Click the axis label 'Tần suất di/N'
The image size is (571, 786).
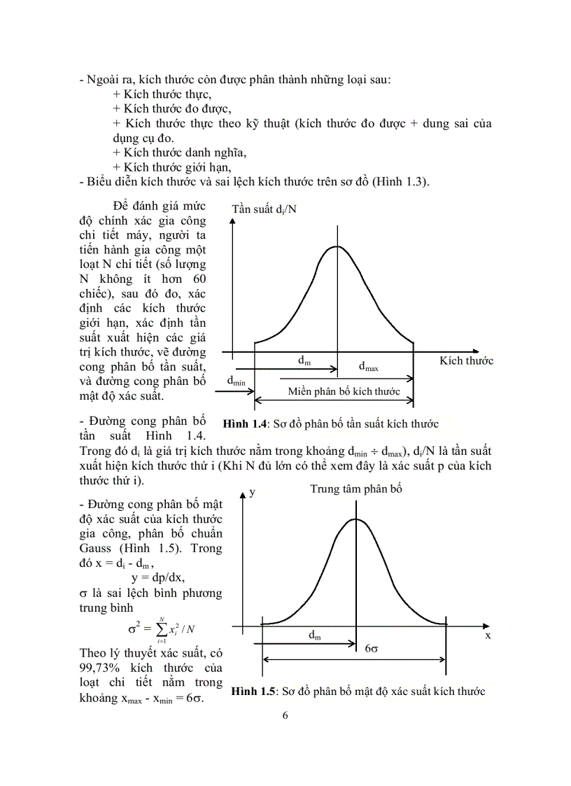point(264,209)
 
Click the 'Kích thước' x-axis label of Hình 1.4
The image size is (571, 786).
point(466,361)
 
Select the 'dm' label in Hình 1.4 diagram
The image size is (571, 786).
point(304,360)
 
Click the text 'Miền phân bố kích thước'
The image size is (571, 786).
point(344,391)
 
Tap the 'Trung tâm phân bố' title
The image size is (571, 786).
point(356,489)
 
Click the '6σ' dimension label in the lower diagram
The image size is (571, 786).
point(372,648)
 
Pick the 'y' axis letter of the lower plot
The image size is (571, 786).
point(252,492)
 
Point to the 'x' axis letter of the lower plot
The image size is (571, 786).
point(487,636)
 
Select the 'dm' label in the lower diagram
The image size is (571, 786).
point(315,635)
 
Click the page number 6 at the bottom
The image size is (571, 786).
point(285,715)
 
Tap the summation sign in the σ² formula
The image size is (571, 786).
point(162,629)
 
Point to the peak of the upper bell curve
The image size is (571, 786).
point(337,246)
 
